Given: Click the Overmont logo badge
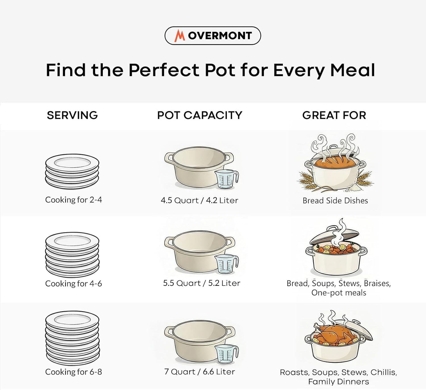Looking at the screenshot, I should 213,35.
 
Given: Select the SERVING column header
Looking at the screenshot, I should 72,115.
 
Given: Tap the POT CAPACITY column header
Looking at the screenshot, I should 200,115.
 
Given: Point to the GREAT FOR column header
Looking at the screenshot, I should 334,115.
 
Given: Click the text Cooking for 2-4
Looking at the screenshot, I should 74,200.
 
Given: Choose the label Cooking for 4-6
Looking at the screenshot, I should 74,284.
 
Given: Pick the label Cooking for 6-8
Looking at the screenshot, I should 74,372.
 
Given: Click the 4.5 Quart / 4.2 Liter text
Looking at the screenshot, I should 199,200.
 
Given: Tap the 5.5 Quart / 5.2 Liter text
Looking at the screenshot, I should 201,283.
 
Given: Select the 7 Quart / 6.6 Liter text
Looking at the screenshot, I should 200,372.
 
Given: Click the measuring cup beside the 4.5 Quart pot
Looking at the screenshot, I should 227,179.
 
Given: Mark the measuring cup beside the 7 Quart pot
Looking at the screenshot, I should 226,354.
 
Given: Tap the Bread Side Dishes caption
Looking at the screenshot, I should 335,201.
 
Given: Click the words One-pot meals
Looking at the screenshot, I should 339,293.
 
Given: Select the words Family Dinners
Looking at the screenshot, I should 339,381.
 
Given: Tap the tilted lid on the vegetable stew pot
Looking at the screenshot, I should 329,236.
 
